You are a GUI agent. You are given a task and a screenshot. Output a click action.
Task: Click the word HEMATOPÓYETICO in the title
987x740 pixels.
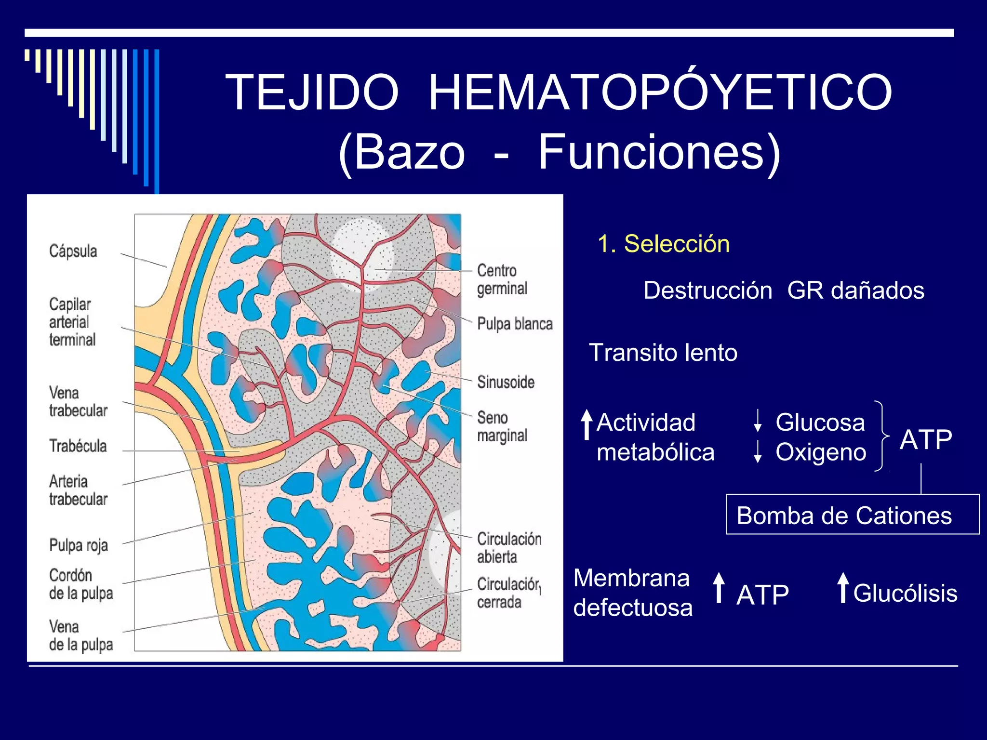(x=660, y=92)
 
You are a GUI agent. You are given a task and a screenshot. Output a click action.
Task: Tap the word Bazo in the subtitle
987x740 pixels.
(x=410, y=152)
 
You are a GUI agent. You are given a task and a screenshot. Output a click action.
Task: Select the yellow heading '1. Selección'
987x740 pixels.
(x=664, y=244)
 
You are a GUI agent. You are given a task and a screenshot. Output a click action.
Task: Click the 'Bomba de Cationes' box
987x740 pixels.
(x=852, y=515)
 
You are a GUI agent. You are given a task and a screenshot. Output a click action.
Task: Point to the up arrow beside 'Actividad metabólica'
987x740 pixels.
(x=587, y=424)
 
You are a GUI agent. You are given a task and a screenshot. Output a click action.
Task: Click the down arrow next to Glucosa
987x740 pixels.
(x=758, y=421)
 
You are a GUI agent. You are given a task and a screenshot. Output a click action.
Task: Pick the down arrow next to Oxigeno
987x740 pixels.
(x=758, y=451)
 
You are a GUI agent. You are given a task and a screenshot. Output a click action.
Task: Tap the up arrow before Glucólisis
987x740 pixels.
(x=842, y=587)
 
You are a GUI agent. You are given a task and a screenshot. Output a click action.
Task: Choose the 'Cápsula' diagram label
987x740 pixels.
(x=73, y=251)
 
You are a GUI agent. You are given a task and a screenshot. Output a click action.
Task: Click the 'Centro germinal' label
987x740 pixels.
(x=502, y=279)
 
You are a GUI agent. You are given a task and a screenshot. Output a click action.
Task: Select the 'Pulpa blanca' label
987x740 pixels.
(x=515, y=324)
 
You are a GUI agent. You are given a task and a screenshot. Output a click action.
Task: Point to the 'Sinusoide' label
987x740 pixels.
(x=506, y=382)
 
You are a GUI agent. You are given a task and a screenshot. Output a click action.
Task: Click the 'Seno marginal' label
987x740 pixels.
(x=502, y=426)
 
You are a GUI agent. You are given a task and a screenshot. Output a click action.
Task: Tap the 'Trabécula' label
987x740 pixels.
(x=78, y=446)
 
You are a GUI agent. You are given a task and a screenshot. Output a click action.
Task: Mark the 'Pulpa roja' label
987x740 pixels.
(x=79, y=545)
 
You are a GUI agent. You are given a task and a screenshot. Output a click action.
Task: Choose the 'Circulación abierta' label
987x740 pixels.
(x=509, y=548)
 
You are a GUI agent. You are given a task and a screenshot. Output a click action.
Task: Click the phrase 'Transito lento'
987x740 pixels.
(x=663, y=353)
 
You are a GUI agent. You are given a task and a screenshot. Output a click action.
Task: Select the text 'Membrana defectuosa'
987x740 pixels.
(x=632, y=593)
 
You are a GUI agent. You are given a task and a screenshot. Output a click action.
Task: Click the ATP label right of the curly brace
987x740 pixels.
(x=926, y=439)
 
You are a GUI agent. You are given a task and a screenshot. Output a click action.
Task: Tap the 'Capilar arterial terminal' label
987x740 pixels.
(x=72, y=322)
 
